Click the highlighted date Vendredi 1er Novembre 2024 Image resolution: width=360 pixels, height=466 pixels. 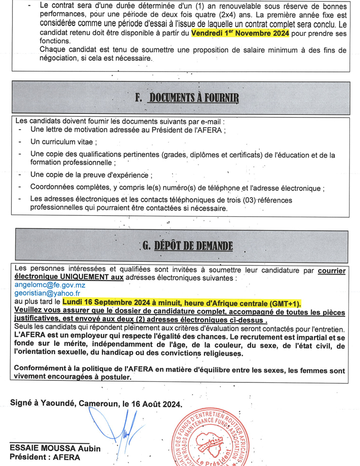click(x=240, y=33)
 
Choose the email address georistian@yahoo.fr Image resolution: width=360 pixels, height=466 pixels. click(x=48, y=294)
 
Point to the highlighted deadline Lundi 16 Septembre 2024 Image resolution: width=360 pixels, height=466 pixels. click(x=123, y=302)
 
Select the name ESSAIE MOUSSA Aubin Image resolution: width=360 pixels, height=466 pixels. click(x=55, y=449)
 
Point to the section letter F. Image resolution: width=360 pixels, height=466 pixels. click(x=138, y=98)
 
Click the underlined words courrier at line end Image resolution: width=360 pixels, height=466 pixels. click(x=332, y=270)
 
